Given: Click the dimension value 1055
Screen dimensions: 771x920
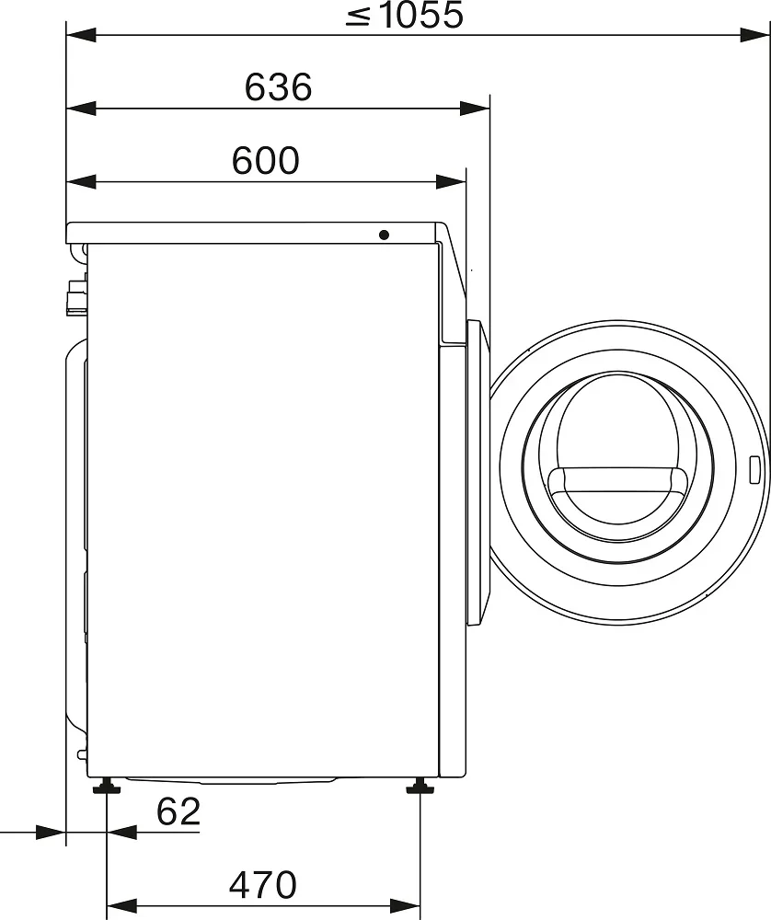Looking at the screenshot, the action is (x=421, y=15).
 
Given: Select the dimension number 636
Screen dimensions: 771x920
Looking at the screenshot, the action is (x=278, y=86).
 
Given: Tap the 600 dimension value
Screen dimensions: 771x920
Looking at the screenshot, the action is (x=266, y=160).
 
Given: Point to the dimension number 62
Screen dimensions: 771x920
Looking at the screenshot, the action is (x=178, y=811).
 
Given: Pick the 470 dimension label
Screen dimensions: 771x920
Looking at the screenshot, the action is (x=263, y=885).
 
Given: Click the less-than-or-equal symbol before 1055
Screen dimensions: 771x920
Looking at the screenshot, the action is (x=358, y=16).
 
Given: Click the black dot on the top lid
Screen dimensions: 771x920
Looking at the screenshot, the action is (x=385, y=236).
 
